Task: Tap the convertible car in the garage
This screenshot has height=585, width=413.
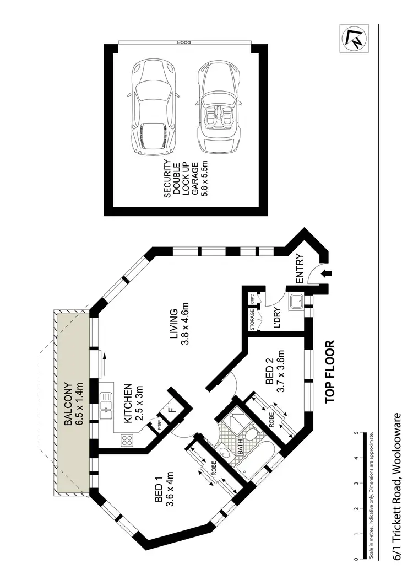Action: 220,108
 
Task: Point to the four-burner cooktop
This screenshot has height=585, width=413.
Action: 127,440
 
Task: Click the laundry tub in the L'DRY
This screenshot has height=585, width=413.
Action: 297,301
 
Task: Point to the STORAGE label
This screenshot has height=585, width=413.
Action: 252,320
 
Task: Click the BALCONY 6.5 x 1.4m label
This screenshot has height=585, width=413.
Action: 73,404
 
